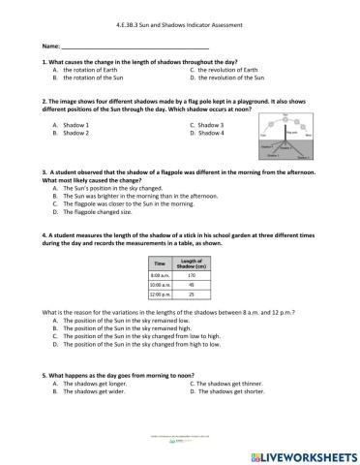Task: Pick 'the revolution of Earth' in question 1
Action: (227, 71)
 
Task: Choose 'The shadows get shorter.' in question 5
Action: (233, 390)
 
